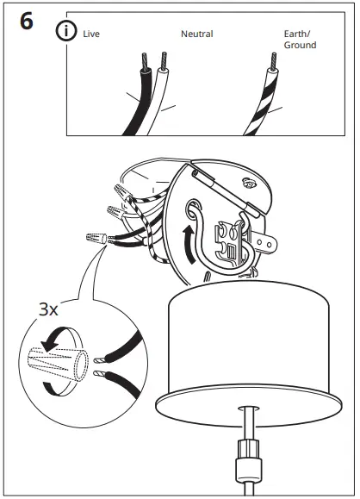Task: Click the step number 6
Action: [x=26, y=22]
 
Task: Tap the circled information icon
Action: [x=65, y=32]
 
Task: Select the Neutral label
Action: [x=196, y=34]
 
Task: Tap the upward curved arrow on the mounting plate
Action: [x=187, y=240]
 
